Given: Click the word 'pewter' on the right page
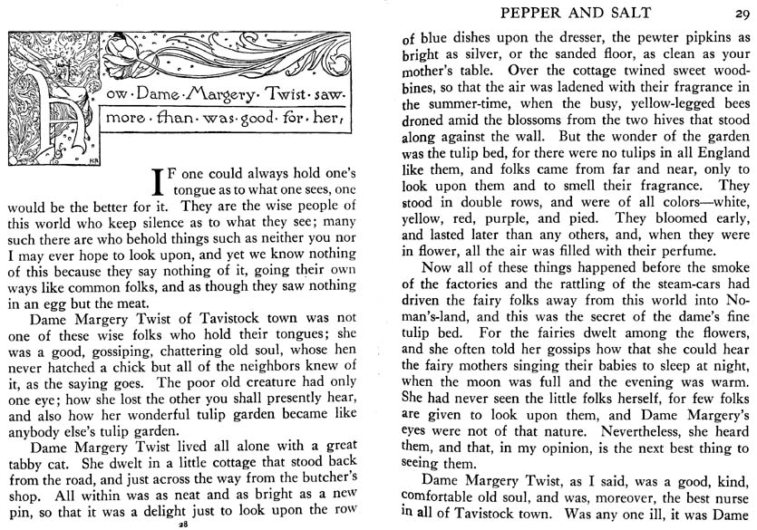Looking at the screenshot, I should (x=642, y=40).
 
